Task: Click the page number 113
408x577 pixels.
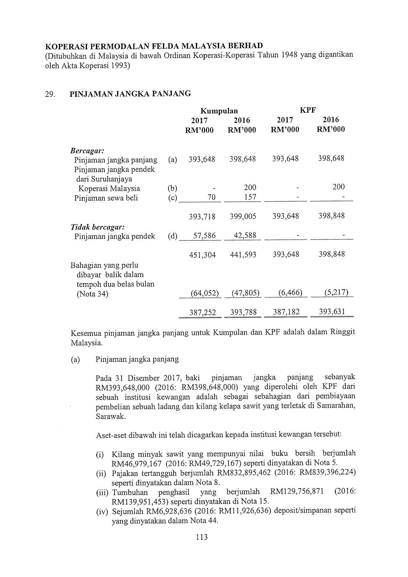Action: tap(202, 537)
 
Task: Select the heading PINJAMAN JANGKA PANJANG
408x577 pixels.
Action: tap(130, 94)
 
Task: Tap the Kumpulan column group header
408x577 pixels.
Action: tap(219, 111)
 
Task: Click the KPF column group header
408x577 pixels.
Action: tap(308, 110)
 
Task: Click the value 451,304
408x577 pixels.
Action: tap(202, 255)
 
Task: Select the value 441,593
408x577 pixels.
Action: tap(243, 255)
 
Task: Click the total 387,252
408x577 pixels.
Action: tap(203, 312)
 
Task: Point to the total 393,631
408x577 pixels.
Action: tap(332, 312)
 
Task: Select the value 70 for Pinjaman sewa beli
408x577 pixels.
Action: tap(211, 197)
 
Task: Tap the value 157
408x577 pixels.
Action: tap(250, 197)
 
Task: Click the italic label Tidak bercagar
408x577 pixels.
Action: tap(98, 227)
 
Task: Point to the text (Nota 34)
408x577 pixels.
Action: tap(92, 294)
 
